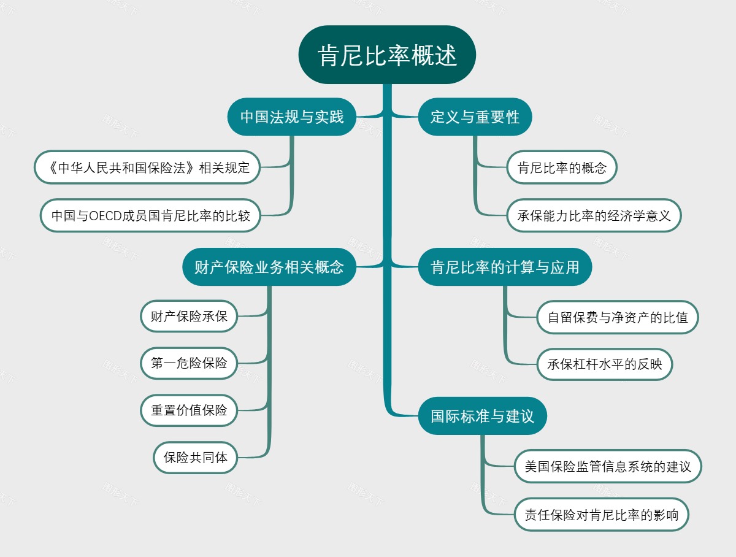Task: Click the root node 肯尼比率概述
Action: click(387, 55)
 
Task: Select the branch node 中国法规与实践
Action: click(291, 117)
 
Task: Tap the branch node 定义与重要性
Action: click(475, 117)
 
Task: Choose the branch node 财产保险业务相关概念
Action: click(269, 267)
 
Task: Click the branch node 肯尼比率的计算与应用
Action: click(505, 267)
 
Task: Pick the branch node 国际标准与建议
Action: click(482, 417)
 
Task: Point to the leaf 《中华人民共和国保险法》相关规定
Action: click(147, 167)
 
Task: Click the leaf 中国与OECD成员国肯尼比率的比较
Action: click(150, 216)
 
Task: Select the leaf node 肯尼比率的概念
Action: click(562, 167)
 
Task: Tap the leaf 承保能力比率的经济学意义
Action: click(594, 216)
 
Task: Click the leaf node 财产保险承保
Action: click(189, 317)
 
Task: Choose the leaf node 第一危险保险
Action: click(189, 363)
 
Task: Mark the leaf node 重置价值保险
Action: click(189, 410)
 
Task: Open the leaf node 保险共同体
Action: click(196, 458)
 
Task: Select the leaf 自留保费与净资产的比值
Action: click(618, 317)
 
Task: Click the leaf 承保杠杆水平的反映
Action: click(605, 364)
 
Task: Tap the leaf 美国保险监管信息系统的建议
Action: click(607, 466)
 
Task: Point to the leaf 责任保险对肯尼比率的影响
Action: click(601, 515)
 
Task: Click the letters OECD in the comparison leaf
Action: click(105, 216)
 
